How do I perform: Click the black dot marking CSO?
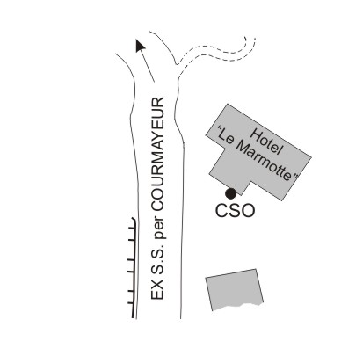point(230,193)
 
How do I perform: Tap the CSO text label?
point(235,211)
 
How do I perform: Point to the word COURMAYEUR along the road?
point(158,153)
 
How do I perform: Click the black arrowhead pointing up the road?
point(141,46)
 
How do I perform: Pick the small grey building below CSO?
point(235,289)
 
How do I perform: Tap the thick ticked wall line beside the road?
point(134,267)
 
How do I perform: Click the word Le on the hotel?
point(230,137)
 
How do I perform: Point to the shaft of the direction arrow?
point(148,66)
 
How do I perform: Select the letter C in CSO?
point(221,211)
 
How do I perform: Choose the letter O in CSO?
point(248,211)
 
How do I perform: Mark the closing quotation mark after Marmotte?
point(295,177)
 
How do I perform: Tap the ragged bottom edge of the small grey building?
point(237,307)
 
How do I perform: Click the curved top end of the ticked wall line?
point(134,219)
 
